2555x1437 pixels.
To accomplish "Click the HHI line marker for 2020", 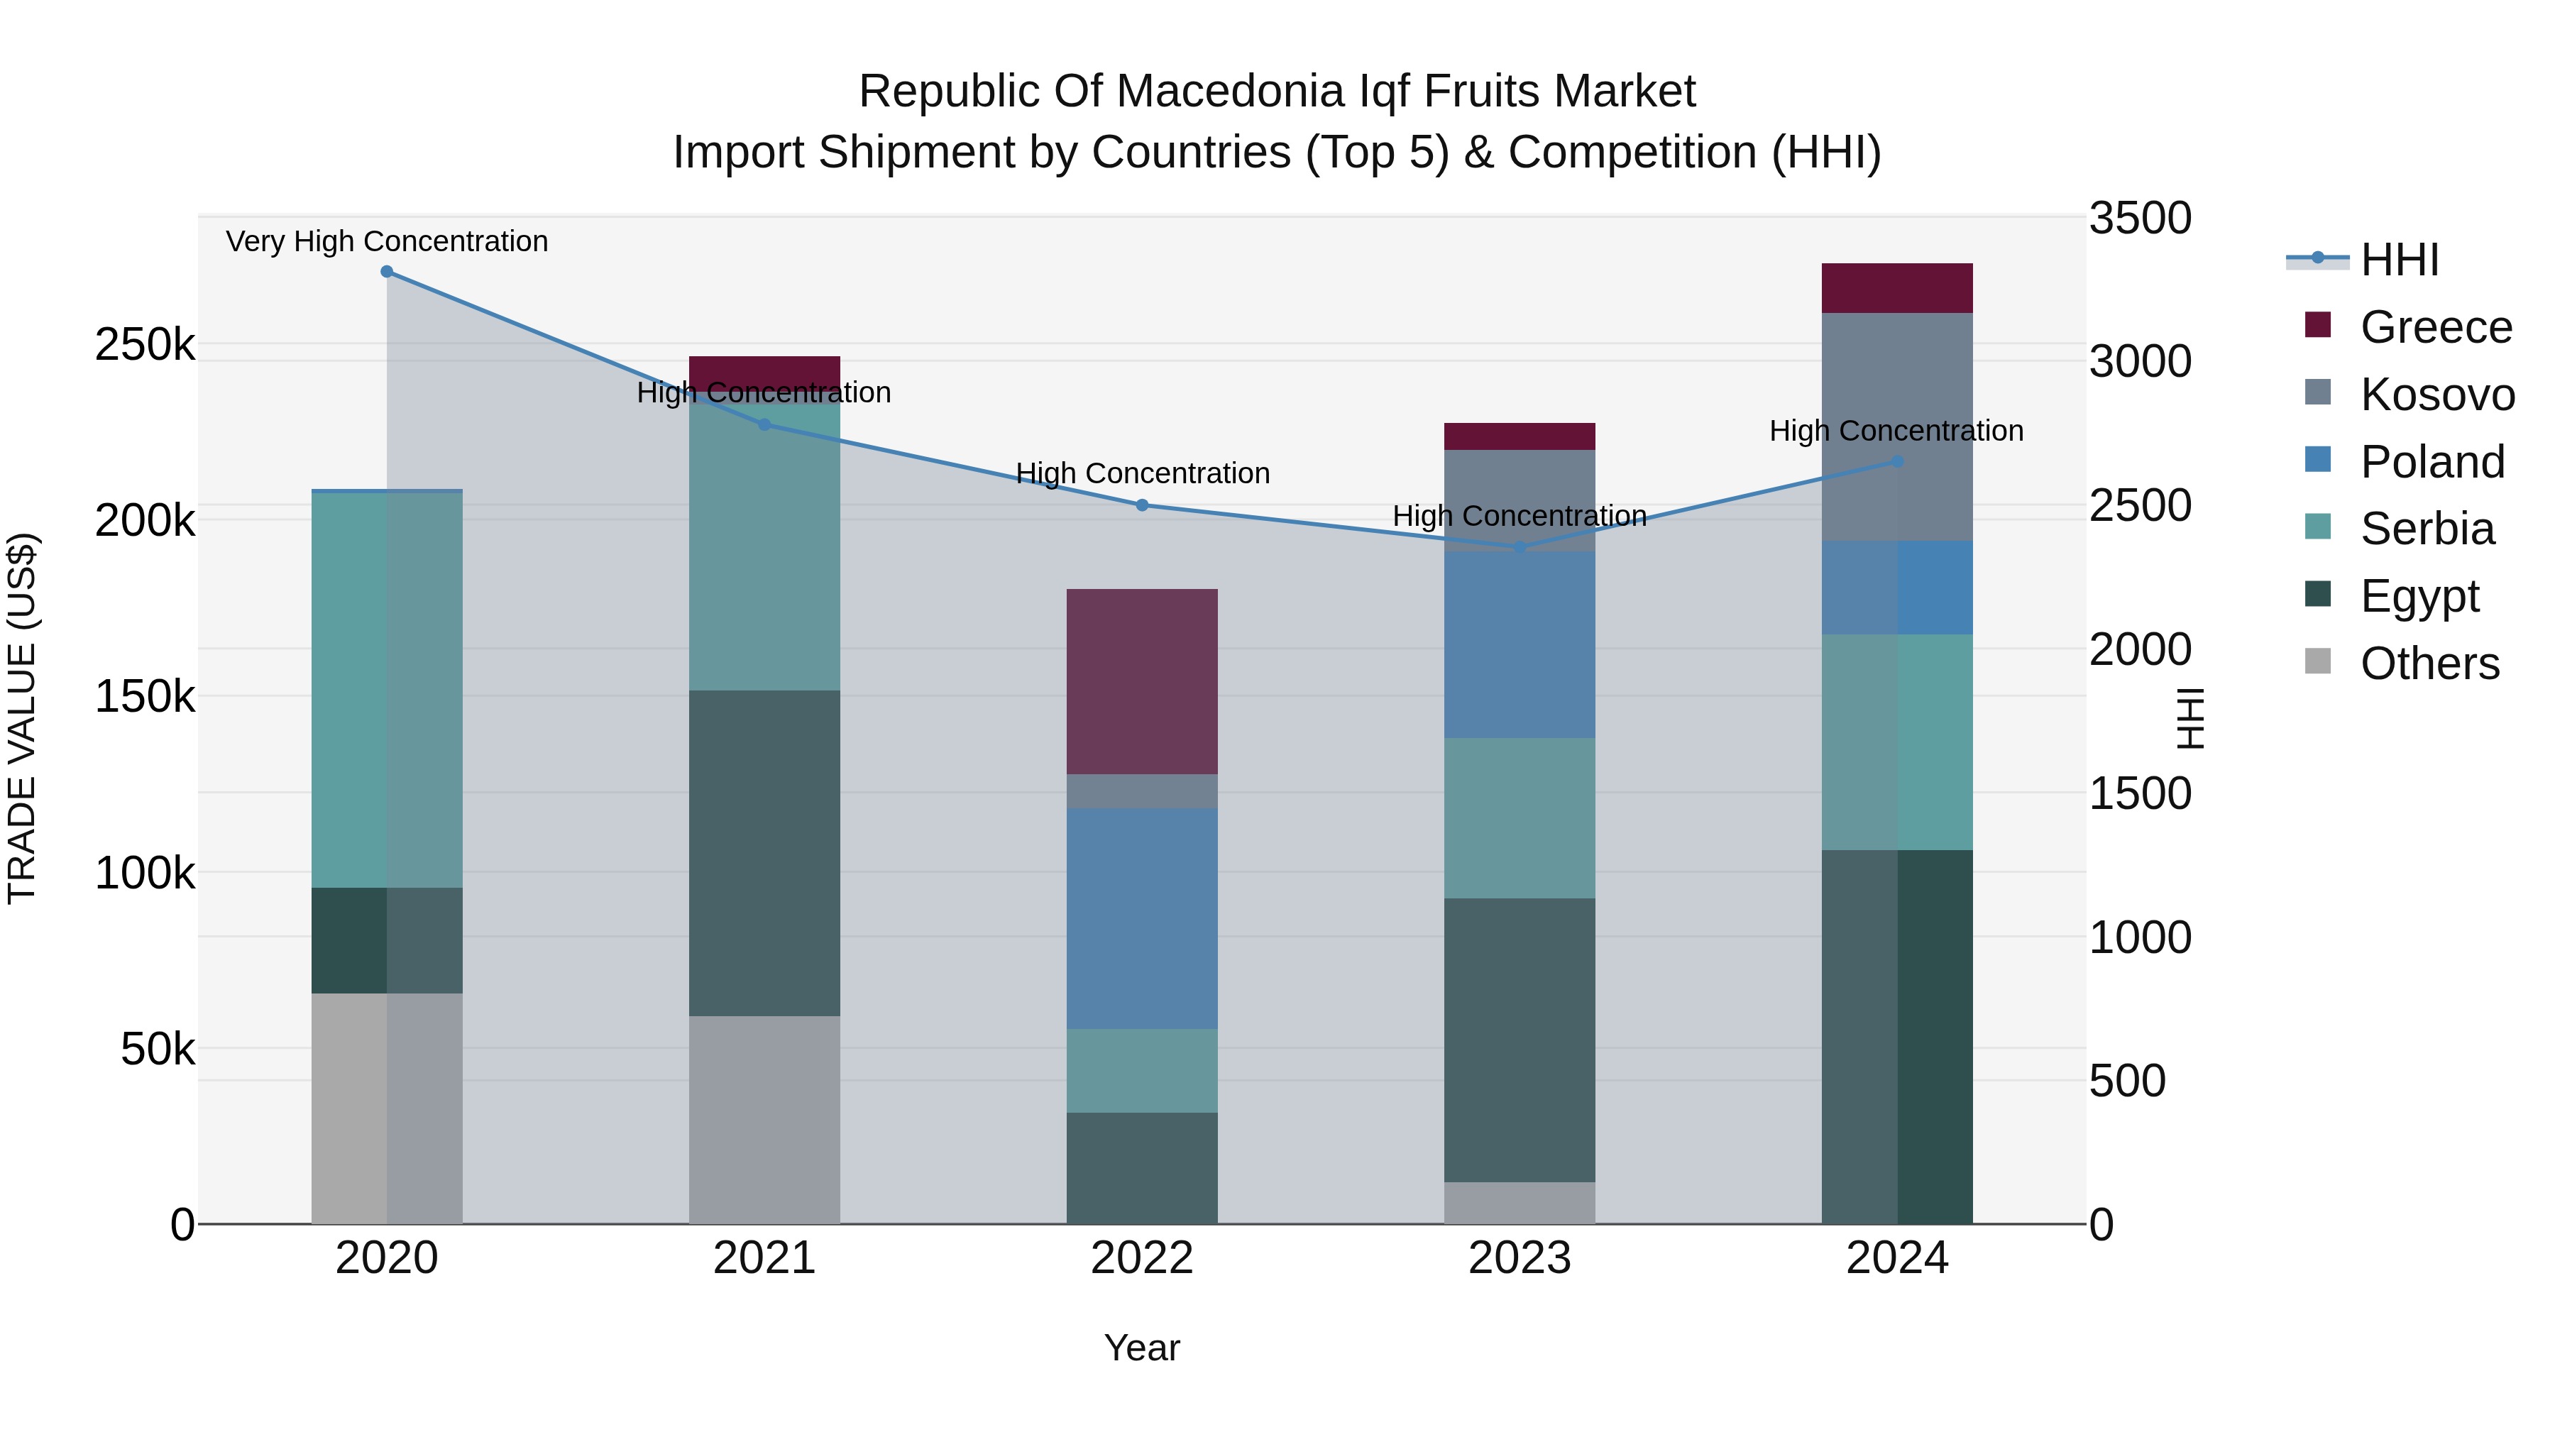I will tap(387, 272).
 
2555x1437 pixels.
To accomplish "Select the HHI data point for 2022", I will tap(1142, 505).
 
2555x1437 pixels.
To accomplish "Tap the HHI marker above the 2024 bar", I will tap(1897, 461).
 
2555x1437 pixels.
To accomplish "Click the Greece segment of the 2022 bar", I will tap(1142, 681).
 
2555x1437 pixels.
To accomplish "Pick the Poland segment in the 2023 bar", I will tap(1520, 644).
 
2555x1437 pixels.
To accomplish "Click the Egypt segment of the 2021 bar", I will tap(764, 853).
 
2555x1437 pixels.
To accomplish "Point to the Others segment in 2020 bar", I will tap(387, 1108).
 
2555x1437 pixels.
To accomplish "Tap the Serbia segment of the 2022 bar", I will tap(1142, 1070).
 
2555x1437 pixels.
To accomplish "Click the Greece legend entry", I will tap(2435, 327).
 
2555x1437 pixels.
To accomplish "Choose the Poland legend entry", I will tap(2432, 462).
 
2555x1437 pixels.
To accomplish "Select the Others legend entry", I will tap(2429, 664).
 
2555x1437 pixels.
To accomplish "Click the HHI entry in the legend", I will tap(2398, 260).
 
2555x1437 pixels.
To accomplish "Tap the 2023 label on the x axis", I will tap(1520, 1258).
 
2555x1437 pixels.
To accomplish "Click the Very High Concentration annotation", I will tap(387, 241).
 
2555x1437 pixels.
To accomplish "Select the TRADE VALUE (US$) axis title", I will tap(23, 719).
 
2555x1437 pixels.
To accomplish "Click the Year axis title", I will tap(1142, 1348).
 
